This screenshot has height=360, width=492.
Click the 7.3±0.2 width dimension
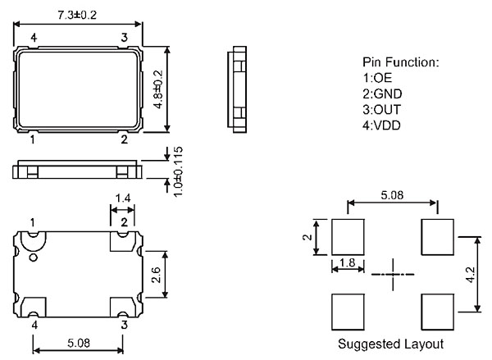77,15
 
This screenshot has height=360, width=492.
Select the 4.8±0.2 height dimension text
158,89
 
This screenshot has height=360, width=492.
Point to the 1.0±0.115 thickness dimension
178,171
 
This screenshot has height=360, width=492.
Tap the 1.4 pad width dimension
123,198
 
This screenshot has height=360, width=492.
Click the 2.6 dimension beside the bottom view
156,275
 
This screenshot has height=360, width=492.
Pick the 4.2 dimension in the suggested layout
471,275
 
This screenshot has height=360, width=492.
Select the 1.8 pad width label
348,262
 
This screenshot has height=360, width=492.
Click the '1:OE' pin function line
377,78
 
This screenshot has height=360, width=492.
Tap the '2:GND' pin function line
382,93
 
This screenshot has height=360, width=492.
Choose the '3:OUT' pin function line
381,110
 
